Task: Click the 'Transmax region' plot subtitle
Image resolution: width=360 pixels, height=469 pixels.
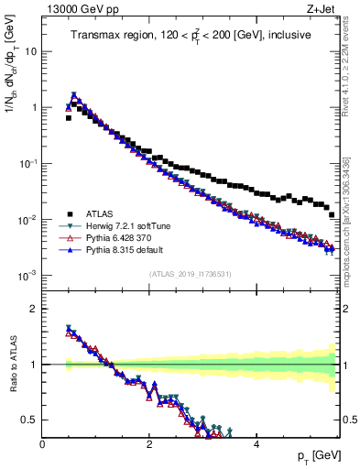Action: coord(190,35)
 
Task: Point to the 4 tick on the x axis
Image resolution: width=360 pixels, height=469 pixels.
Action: coord(256,443)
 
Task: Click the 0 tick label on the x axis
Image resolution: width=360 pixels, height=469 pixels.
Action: coord(42,443)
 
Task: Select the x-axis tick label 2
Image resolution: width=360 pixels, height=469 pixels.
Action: coord(149,443)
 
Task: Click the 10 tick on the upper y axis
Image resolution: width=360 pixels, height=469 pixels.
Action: coord(29,51)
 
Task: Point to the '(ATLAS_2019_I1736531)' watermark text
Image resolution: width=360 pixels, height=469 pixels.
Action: coord(190,273)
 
